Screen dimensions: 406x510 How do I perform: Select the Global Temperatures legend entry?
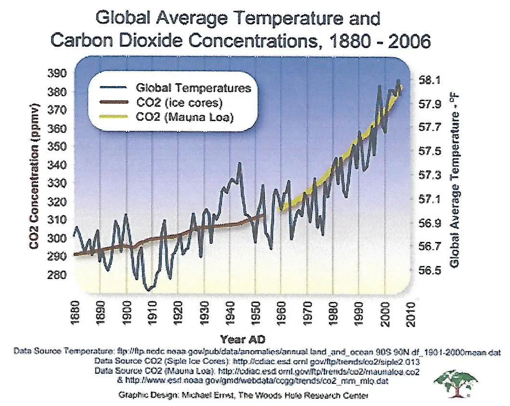tap(193, 88)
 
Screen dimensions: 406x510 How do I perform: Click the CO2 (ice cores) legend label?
tap(179, 102)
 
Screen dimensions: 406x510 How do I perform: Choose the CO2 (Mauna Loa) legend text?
tap(184, 117)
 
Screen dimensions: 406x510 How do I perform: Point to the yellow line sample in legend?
tap(114, 117)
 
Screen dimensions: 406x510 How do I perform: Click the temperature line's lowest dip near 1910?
tap(148, 290)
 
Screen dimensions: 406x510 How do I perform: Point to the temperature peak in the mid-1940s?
tap(239, 164)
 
